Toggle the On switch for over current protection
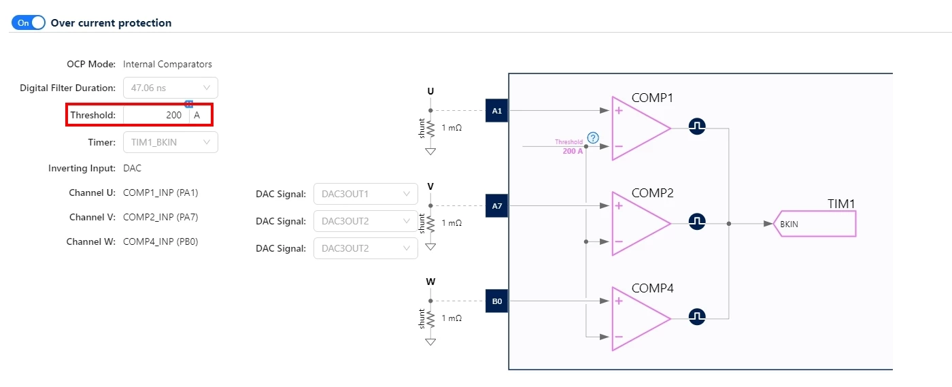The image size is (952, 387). [x=28, y=22]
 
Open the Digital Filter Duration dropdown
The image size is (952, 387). [x=171, y=88]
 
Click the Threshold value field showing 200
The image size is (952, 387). [x=156, y=115]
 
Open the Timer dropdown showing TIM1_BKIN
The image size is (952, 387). [x=171, y=142]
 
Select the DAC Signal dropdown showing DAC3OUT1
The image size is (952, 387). [x=366, y=194]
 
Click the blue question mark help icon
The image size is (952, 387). [x=593, y=138]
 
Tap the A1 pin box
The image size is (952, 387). [x=497, y=111]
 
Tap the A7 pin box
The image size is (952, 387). [x=497, y=206]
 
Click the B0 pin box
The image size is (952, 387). [x=497, y=301]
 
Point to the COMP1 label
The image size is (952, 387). [x=652, y=98]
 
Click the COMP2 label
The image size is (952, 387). [x=652, y=193]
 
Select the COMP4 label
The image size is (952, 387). [x=652, y=288]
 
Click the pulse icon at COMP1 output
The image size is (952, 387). [x=697, y=127]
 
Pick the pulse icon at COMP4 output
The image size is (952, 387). [x=697, y=317]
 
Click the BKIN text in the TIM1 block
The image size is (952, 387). [x=789, y=224]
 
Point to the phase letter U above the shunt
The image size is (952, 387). [x=430, y=91]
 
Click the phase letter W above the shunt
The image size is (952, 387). [x=430, y=282]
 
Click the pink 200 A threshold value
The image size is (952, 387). [x=573, y=151]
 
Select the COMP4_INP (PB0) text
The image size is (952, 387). [x=160, y=241]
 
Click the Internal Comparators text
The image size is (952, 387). [x=167, y=64]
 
